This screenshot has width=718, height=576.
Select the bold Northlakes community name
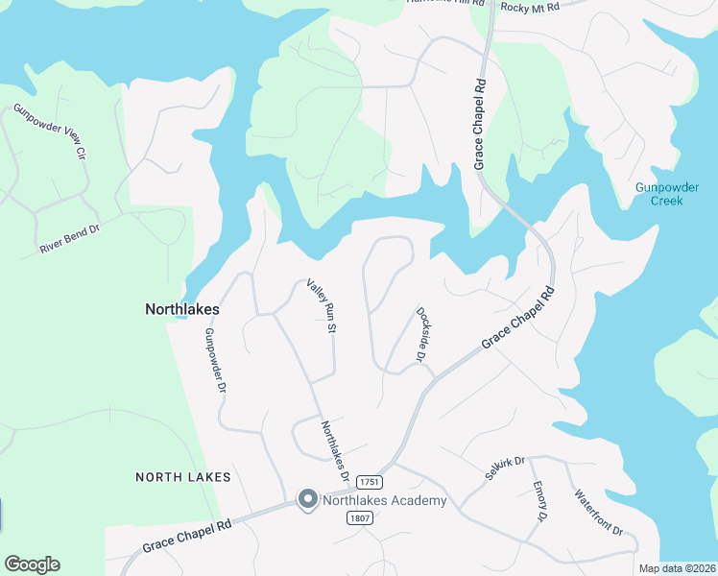182,309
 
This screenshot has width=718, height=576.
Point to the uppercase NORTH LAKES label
182,477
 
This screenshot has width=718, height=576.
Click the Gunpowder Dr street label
214,361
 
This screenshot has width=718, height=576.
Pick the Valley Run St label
320,307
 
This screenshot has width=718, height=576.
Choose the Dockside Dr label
421,334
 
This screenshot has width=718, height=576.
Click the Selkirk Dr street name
505,469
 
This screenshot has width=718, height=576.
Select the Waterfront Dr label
599,513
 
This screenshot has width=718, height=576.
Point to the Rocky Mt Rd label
530,8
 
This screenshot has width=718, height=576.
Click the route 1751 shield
370,481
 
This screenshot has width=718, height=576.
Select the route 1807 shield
360,517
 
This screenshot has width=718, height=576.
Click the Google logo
32,564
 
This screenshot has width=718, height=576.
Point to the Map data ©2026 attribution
676,568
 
